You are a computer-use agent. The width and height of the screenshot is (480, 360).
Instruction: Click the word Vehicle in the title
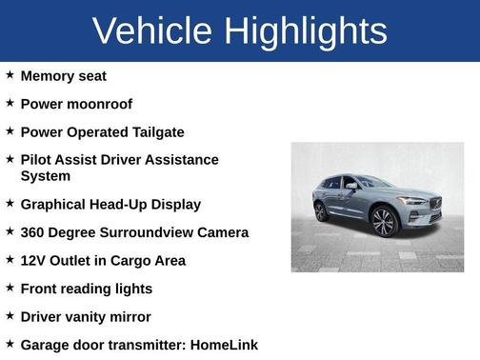pos(152,30)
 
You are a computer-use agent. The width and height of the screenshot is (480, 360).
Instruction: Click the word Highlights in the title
pos(307,30)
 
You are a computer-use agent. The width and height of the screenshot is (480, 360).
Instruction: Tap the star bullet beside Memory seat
pos(10,74)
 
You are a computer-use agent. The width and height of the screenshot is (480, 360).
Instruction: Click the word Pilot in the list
pos(38,160)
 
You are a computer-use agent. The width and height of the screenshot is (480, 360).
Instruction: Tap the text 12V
pos(35,260)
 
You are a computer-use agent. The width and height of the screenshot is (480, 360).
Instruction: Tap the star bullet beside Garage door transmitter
pos(10,344)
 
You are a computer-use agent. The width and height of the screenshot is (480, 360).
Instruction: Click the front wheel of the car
pos(384,223)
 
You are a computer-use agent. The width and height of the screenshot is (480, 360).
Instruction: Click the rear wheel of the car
pos(322,210)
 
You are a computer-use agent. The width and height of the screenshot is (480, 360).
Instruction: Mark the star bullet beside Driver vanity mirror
pos(10,315)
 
